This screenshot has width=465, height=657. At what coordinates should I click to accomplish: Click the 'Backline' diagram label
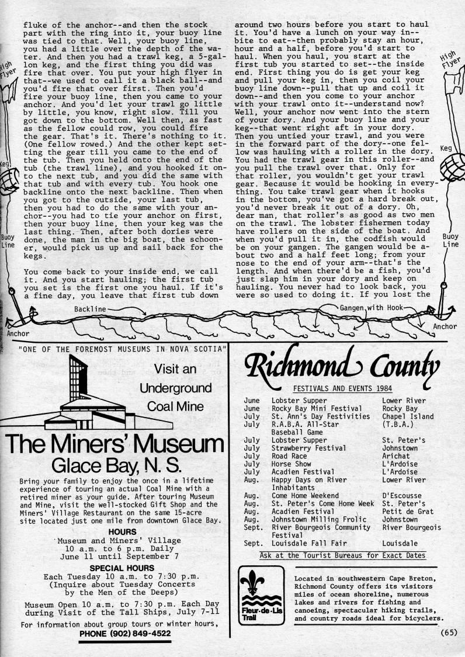(90, 308)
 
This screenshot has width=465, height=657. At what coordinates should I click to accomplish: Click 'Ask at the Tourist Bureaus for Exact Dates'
(342, 555)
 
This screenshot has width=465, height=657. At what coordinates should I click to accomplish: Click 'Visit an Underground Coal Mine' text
(175, 388)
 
